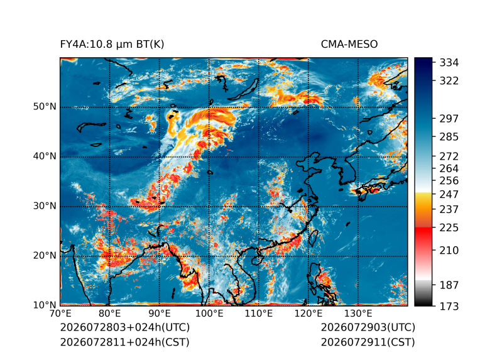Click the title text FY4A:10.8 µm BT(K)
pos(112,45)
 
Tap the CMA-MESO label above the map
pos(349,45)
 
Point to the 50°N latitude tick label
pos(45,107)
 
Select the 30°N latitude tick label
pos(45,205)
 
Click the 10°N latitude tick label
pos(45,305)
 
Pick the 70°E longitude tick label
pos(60,314)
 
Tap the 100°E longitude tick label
pos(209,314)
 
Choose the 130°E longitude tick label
pos(358,314)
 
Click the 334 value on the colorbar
pos(449,62)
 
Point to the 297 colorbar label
pos(449,119)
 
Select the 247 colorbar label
pos(449,194)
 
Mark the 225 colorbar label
pos(449,228)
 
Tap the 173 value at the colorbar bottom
pos(449,306)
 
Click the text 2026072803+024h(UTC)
pos(125,327)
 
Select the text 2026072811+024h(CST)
pos(125,342)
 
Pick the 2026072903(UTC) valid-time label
pos(368,327)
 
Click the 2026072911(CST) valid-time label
pos(368,342)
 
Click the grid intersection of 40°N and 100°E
pos(209,156)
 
